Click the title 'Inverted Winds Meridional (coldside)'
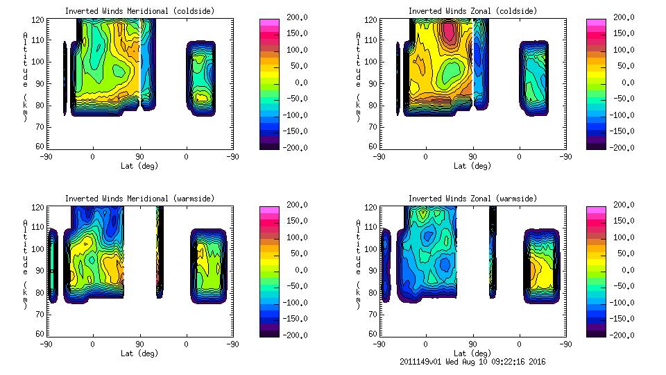coord(139,11)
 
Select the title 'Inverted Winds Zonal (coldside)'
coord(472,11)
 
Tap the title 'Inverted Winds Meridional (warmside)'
coord(139,199)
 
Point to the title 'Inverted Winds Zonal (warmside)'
coord(472,199)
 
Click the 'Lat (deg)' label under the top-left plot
coord(139,166)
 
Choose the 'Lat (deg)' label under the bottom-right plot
coord(472,353)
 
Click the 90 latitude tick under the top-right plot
coord(472,157)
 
